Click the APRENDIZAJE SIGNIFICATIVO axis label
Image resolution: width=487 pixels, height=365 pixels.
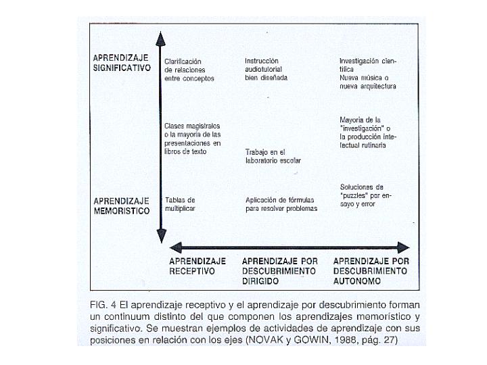coord(122,62)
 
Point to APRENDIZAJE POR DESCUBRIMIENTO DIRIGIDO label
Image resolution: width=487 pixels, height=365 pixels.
coord(279,270)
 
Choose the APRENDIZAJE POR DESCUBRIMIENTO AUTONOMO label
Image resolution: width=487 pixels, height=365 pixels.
coord(371,270)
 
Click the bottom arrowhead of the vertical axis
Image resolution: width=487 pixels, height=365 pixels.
coord(161,236)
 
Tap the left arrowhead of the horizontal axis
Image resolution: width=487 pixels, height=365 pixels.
coord(175,247)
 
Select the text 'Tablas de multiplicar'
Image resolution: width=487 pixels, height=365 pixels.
coord(181,204)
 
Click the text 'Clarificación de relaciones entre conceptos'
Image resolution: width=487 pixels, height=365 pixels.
coord(189,70)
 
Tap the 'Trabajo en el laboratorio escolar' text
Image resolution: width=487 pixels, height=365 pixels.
coord(273,156)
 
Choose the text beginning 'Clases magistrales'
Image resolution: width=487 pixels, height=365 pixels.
coord(193,139)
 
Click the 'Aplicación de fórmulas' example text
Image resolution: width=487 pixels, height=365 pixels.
coord(281,204)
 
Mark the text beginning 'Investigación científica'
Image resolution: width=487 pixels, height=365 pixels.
coord(368,73)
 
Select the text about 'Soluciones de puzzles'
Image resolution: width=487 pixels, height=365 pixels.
coord(366,195)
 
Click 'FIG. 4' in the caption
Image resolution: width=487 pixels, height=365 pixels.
coord(103,304)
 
